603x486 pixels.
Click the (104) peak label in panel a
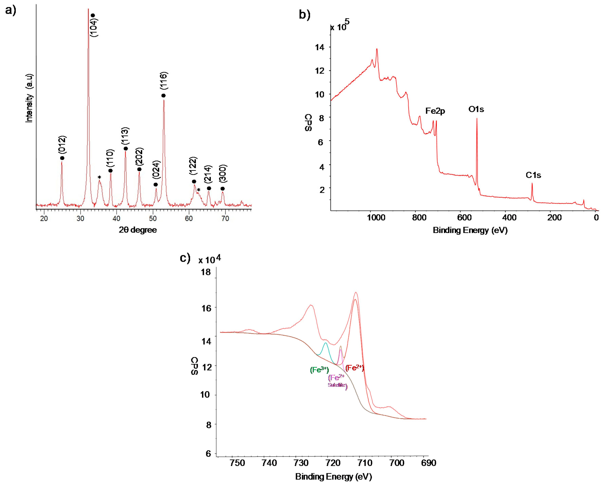point(94,27)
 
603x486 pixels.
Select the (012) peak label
point(62,144)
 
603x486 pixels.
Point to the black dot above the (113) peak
point(126,149)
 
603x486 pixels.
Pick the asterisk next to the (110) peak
point(99,177)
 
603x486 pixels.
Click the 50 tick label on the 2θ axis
point(153,219)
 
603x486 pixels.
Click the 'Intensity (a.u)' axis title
point(29,98)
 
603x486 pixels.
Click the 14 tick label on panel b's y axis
point(320,47)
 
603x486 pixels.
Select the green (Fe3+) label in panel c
point(319,370)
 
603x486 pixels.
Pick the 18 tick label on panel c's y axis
point(206,272)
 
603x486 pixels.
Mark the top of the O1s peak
point(477,119)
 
